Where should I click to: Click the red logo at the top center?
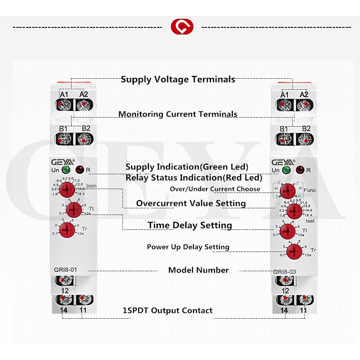coord(182,26)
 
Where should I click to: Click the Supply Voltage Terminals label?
coord(178,79)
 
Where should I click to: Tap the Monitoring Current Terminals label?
coord(178,114)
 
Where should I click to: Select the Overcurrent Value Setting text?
coord(191,204)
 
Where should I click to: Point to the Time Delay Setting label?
coord(190,225)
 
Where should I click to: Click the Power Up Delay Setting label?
coord(188,247)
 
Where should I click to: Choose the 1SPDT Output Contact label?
coord(168,311)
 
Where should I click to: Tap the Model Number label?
coord(198,270)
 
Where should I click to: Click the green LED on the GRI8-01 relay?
coord(66,169)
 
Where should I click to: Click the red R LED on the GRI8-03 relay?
coord(300,169)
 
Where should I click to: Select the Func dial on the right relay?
coord(288,190)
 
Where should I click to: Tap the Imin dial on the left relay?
coord(73,190)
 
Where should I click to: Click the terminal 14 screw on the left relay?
coord(62,300)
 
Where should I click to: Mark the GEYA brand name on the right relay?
coord(282,162)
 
